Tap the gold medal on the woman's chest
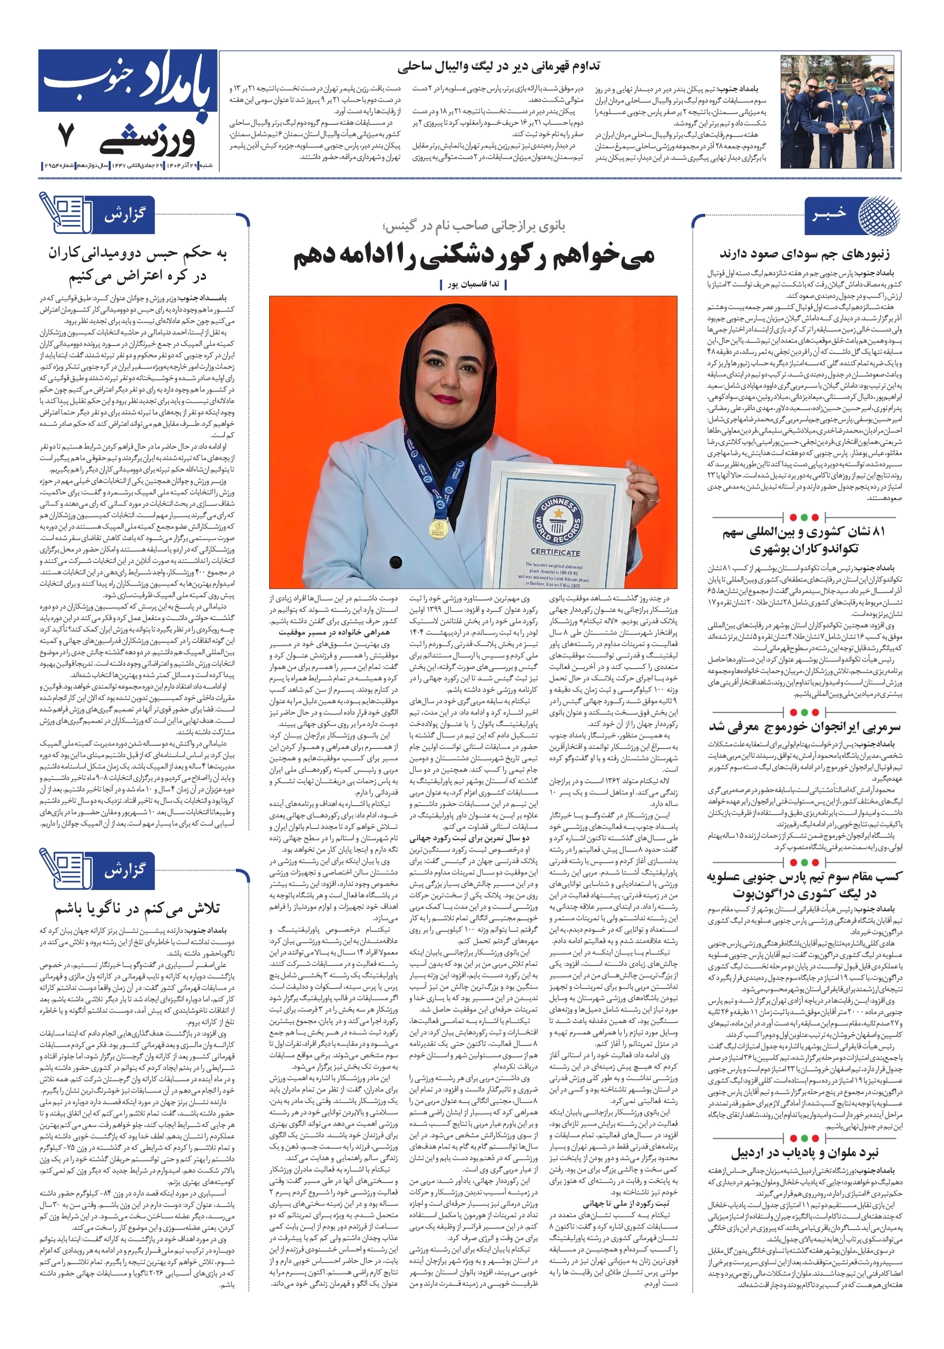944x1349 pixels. pyautogui.click(x=439, y=527)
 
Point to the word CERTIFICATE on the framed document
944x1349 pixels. pyautogui.click(x=555, y=552)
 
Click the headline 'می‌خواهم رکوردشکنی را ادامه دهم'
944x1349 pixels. pyautogui.click(x=474, y=256)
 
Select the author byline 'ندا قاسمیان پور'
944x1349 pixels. pyautogui.click(x=473, y=285)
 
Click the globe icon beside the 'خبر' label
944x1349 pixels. pyautogui.click(x=878, y=214)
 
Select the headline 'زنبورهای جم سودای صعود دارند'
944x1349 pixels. pyautogui.click(x=804, y=255)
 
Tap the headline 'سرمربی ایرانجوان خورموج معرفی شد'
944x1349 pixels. pyautogui.click(x=804, y=727)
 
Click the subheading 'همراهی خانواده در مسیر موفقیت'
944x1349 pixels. pyautogui.click(x=333, y=632)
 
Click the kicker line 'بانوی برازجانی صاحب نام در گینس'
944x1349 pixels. pyautogui.click(x=474, y=226)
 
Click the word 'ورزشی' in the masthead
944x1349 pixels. pyautogui.click(x=147, y=138)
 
